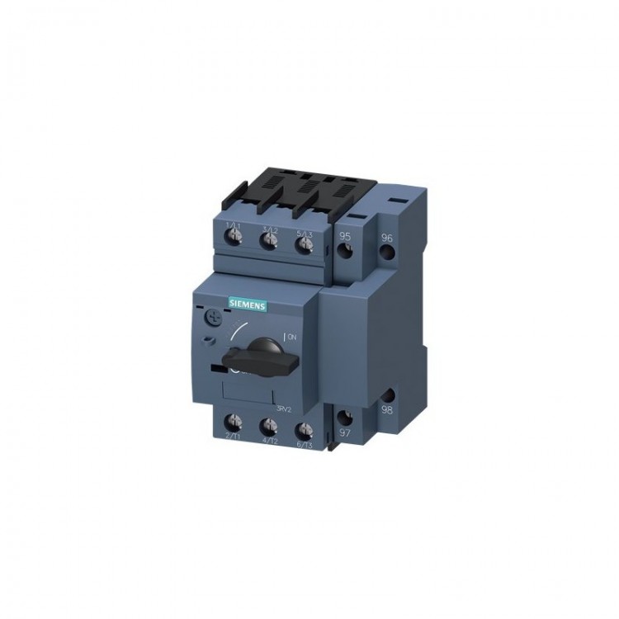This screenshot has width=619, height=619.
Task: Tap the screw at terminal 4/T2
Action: (x=268, y=427)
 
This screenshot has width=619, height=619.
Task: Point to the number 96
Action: (x=387, y=239)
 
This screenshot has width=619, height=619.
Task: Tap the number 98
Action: (x=386, y=410)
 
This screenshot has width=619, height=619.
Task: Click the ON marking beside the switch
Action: (x=291, y=337)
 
